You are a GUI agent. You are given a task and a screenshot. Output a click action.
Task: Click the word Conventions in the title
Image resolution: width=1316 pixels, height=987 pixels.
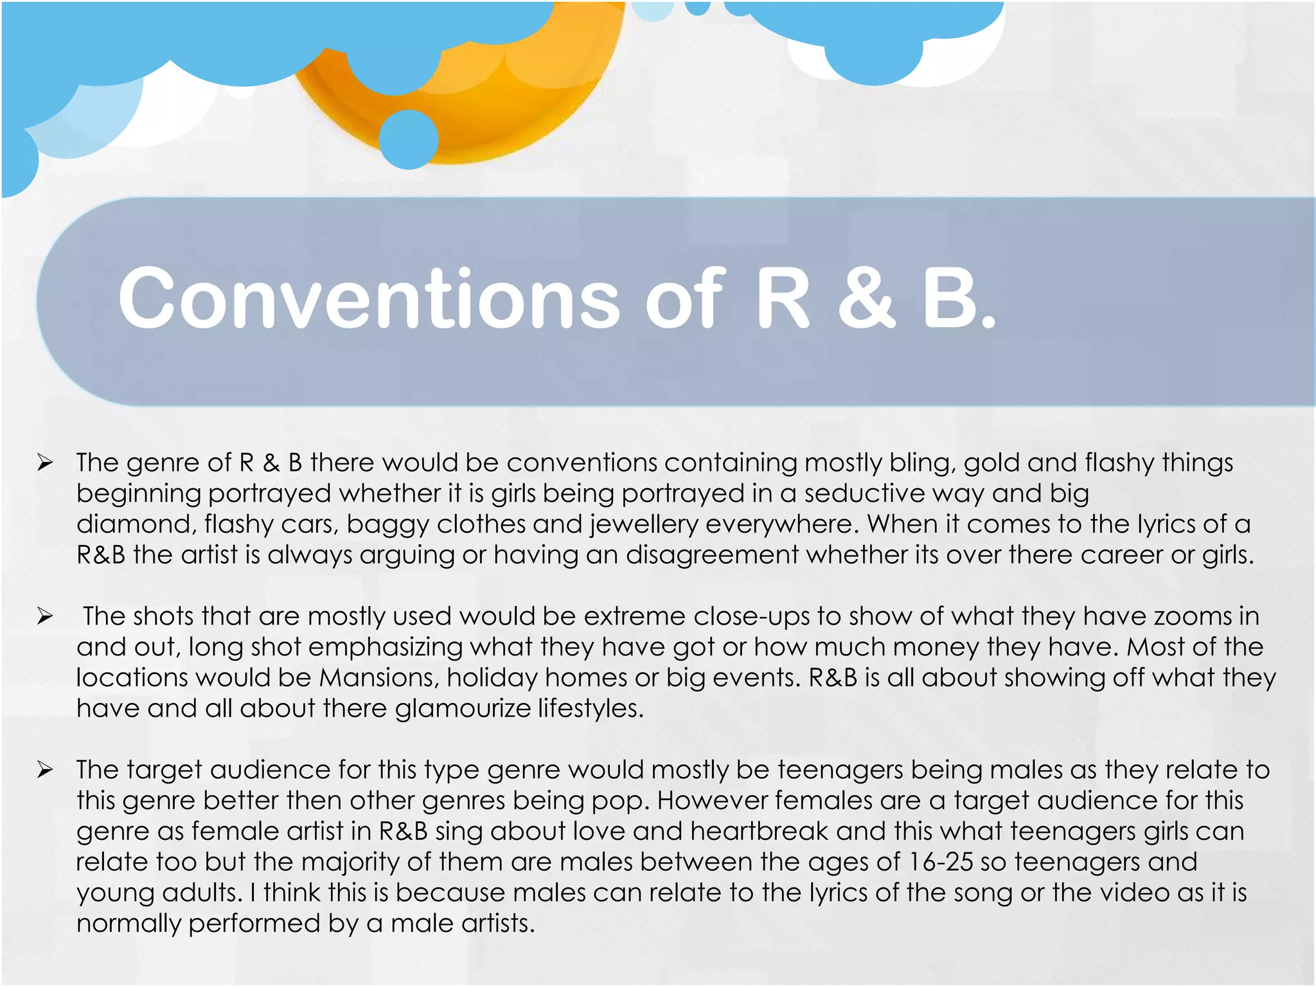click(369, 299)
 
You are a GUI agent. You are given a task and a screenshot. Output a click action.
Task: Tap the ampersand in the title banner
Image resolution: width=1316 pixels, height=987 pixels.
click(866, 299)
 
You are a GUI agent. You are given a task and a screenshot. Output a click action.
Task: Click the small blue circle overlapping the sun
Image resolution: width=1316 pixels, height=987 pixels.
click(409, 139)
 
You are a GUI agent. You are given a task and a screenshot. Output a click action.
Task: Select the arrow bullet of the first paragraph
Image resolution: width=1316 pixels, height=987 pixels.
click(44, 463)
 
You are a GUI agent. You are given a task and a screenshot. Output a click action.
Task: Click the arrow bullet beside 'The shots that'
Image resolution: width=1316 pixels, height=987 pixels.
click(44, 616)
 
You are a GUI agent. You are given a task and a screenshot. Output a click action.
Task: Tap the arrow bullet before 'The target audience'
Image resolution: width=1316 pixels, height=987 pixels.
click(44, 770)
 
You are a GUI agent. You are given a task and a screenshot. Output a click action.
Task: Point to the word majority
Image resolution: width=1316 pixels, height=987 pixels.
click(350, 862)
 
